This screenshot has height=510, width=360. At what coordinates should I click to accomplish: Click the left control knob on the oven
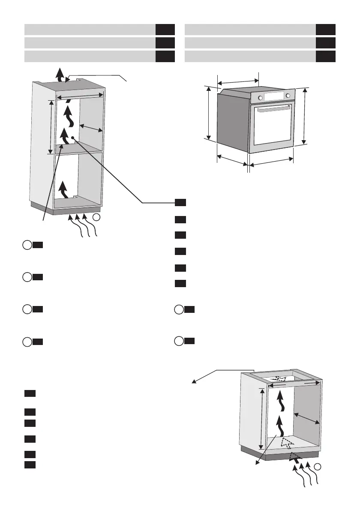click(260, 97)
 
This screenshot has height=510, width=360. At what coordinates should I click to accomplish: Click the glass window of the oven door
click(273, 129)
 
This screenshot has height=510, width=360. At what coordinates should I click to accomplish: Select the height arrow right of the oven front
click(305, 116)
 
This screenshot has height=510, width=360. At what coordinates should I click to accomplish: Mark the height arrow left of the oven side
click(209, 112)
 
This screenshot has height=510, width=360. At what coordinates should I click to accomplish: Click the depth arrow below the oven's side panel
click(232, 160)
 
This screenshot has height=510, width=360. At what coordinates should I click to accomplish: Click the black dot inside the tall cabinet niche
click(73, 138)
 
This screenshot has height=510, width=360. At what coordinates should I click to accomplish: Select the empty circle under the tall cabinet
click(97, 218)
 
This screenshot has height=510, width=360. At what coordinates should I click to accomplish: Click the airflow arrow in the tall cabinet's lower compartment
click(63, 188)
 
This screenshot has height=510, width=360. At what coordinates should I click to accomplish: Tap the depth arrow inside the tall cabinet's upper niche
click(92, 127)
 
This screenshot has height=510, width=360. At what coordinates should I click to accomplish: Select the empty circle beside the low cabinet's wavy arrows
click(318, 466)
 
